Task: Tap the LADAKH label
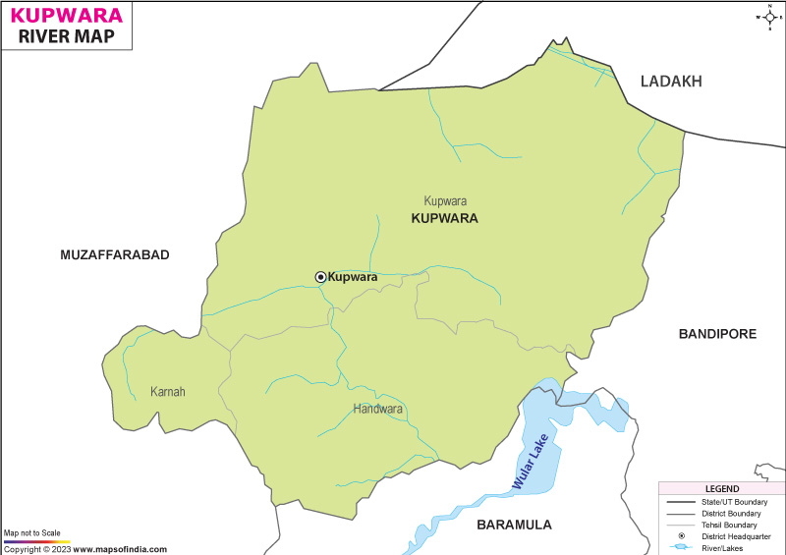pos(671,82)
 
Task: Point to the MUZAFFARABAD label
pos(115,254)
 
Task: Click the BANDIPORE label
pos(717,334)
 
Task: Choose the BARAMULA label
pos(514,525)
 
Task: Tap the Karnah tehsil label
pos(167,392)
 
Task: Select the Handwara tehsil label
pos(378,409)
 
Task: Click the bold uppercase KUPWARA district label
pos(444,218)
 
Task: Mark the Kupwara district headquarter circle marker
pos(320,277)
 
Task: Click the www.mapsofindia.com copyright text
pos(118,549)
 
